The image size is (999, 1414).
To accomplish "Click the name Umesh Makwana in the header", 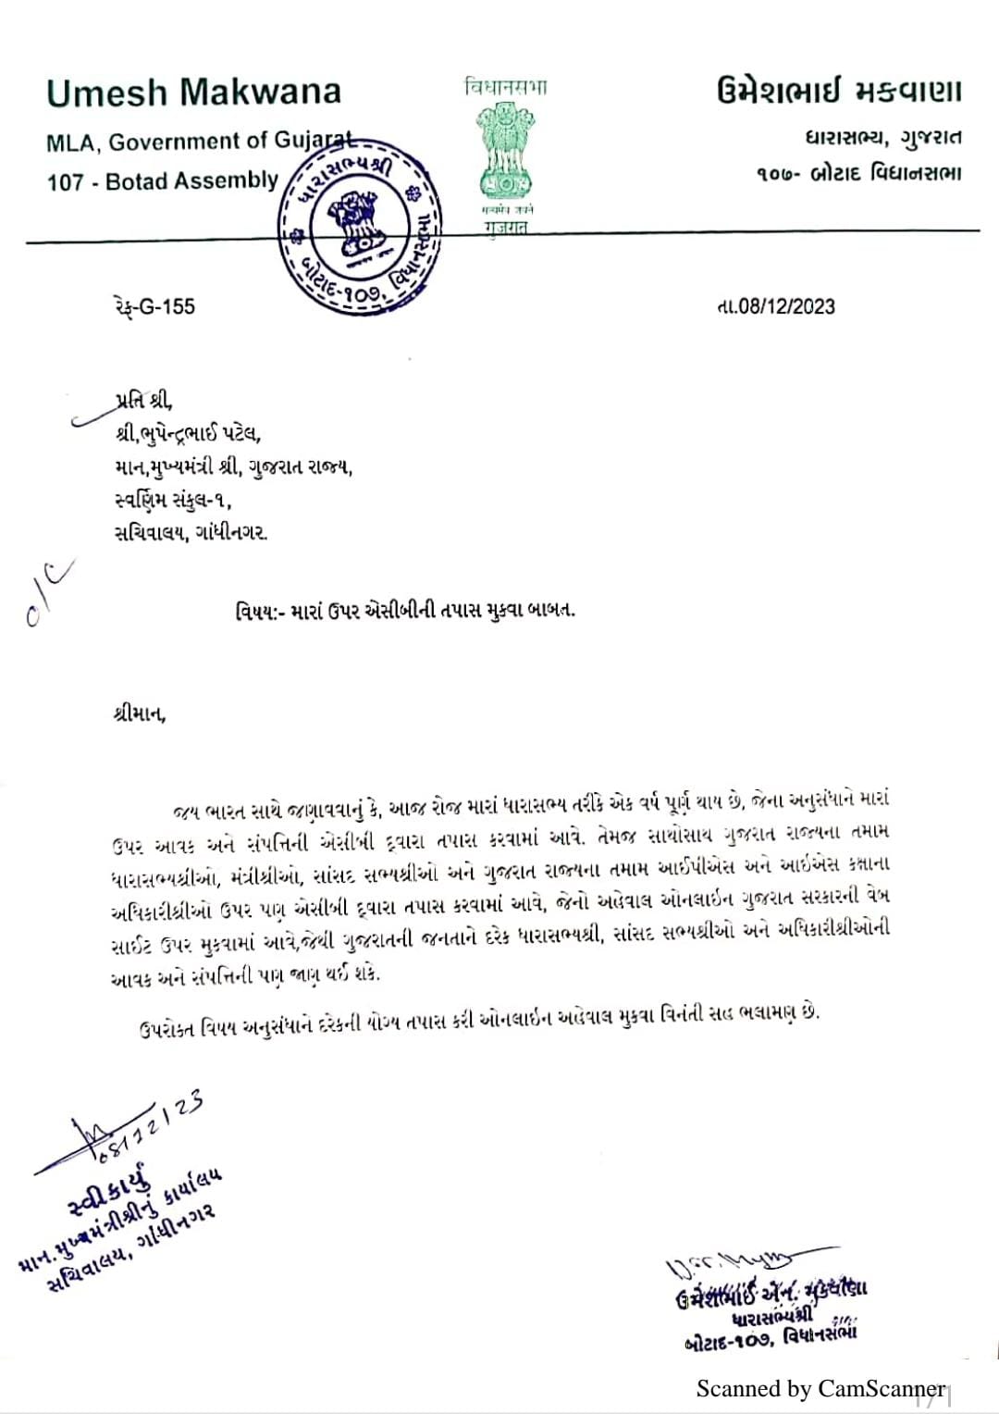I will coord(193,93).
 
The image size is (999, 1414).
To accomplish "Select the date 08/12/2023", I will coord(775,306).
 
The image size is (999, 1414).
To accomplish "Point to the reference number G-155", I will coord(149,306).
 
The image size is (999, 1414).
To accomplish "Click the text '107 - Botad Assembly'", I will coord(162,180).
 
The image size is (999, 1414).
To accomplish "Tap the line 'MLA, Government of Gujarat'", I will coord(199,142).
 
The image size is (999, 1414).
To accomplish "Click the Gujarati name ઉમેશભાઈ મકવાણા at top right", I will coord(838,93).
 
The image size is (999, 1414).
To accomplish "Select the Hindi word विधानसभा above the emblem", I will coord(504,88).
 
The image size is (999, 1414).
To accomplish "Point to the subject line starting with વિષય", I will coord(404,611).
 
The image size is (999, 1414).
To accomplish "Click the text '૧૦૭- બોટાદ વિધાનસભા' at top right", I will coord(857,173).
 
